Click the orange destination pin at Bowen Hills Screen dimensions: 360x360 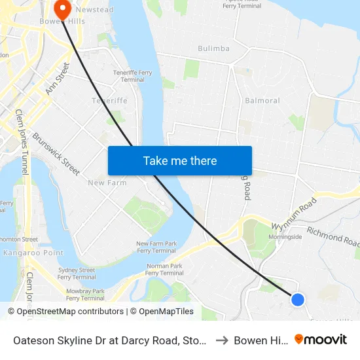(63, 9)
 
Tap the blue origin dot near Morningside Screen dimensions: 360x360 (297, 299)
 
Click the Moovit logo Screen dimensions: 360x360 (320, 340)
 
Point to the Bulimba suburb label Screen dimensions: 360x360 (213, 48)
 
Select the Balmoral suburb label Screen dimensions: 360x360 (262, 101)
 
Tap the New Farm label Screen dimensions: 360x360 (107, 183)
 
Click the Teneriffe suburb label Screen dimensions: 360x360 (109, 101)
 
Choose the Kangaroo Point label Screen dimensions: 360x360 (24, 253)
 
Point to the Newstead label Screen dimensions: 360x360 (94, 10)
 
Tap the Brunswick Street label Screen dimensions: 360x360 (56, 154)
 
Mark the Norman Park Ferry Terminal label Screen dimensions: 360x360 (164, 270)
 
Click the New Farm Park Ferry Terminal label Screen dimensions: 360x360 (156, 247)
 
